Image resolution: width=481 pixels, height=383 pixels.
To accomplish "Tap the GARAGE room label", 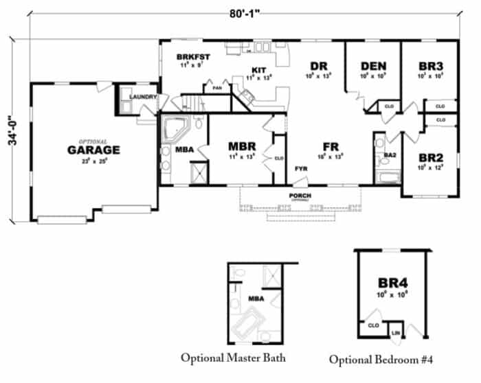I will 93,149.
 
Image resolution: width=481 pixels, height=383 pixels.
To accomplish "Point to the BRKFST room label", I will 192,56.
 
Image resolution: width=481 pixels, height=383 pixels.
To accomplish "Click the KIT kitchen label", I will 259,69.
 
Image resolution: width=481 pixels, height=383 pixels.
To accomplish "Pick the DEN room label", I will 372,66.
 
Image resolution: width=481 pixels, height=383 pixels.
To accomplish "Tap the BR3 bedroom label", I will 430,66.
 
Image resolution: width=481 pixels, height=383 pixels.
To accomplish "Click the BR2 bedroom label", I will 430,157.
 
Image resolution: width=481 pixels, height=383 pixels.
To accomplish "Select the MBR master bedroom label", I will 242,146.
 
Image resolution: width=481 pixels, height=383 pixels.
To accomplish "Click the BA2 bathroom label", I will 390,156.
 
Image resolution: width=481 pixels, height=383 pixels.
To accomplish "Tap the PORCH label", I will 300,196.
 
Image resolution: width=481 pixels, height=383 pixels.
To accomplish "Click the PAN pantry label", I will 217,88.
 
